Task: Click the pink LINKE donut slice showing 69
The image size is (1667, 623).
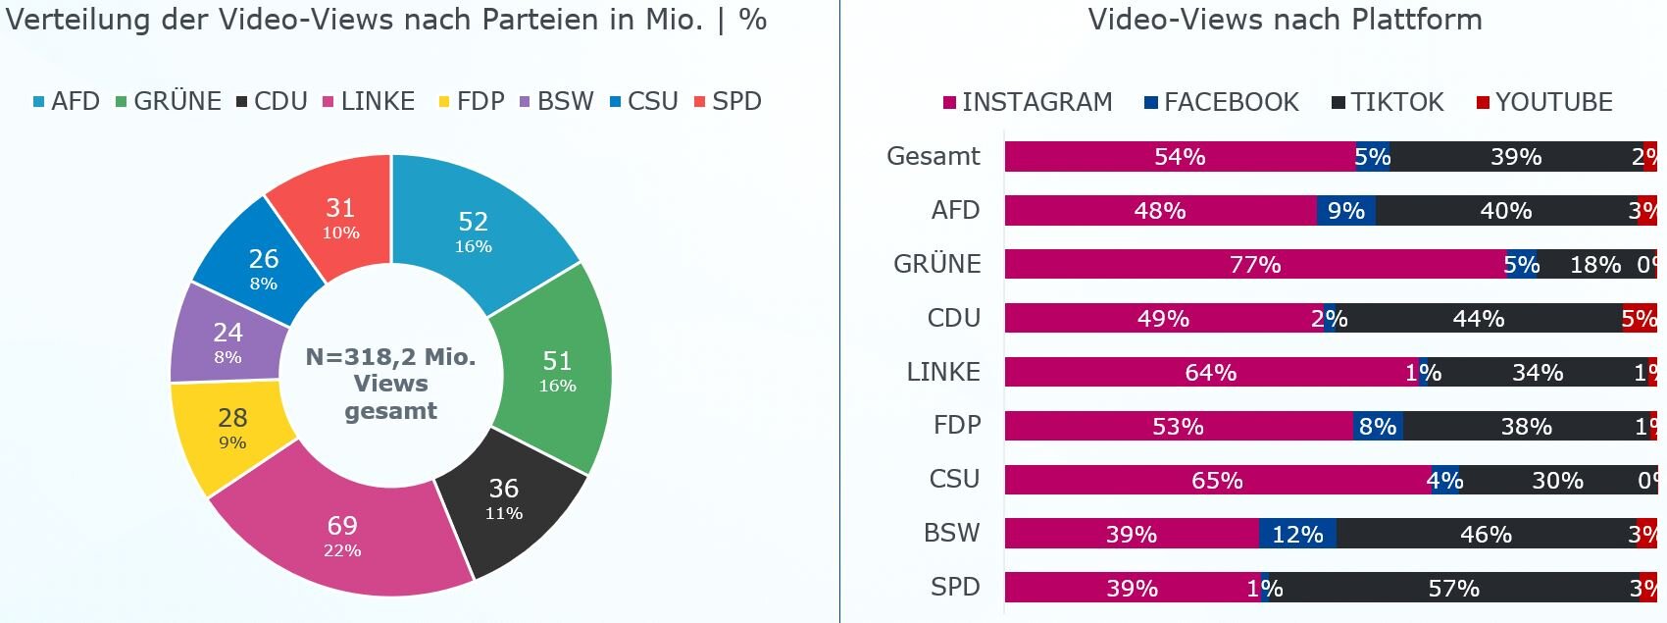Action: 342,535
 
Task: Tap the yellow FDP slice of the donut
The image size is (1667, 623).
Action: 232,428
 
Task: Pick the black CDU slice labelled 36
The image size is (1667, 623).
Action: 504,497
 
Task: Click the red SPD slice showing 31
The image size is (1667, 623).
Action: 340,217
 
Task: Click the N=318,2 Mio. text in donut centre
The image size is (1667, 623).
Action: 390,357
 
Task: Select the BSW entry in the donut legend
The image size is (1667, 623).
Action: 557,102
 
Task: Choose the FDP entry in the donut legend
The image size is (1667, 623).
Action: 472,102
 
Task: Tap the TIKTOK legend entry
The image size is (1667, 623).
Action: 1388,102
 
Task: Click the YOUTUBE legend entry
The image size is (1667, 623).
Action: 1544,102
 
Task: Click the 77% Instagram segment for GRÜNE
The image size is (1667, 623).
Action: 1255,264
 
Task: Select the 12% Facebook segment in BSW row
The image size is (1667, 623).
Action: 1297,534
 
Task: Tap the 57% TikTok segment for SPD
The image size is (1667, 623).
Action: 1453,588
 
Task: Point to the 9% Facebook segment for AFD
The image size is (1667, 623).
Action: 1345,210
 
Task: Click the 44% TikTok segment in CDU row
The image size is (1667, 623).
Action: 1478,318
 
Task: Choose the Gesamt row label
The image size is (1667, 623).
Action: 933,156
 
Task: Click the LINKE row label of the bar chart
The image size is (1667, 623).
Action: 942,372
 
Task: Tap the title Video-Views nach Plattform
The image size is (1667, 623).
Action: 1285,20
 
